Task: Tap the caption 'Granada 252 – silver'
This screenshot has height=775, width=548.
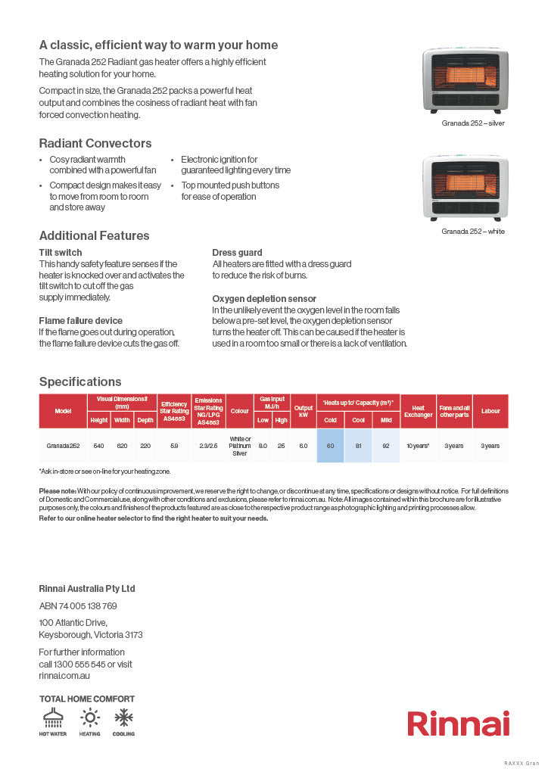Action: [x=473, y=123]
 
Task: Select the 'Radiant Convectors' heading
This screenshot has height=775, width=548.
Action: [x=95, y=143]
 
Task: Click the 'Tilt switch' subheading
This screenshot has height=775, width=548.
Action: [x=61, y=252]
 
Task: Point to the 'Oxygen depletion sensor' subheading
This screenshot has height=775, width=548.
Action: [x=264, y=299]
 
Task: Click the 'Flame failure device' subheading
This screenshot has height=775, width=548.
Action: [x=80, y=321]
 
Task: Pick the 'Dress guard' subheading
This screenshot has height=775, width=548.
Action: [x=238, y=252]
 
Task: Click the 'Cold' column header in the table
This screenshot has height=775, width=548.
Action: [x=331, y=420]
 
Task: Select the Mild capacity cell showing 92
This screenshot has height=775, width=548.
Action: [x=386, y=446]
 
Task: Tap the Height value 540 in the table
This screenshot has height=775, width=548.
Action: [x=99, y=446]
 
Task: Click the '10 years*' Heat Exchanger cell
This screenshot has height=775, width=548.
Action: [x=418, y=446]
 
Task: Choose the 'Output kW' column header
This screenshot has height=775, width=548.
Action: [x=304, y=411]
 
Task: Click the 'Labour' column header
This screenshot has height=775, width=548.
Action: [x=490, y=411]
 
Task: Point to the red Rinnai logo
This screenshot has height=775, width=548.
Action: [x=459, y=723]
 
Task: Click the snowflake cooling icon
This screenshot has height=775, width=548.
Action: [x=124, y=717]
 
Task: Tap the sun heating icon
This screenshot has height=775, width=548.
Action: [x=89, y=717]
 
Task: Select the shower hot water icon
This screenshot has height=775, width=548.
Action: [x=53, y=717]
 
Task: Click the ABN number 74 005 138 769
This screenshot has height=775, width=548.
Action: [x=78, y=605]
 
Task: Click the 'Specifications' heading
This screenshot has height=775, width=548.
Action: [x=80, y=381]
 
